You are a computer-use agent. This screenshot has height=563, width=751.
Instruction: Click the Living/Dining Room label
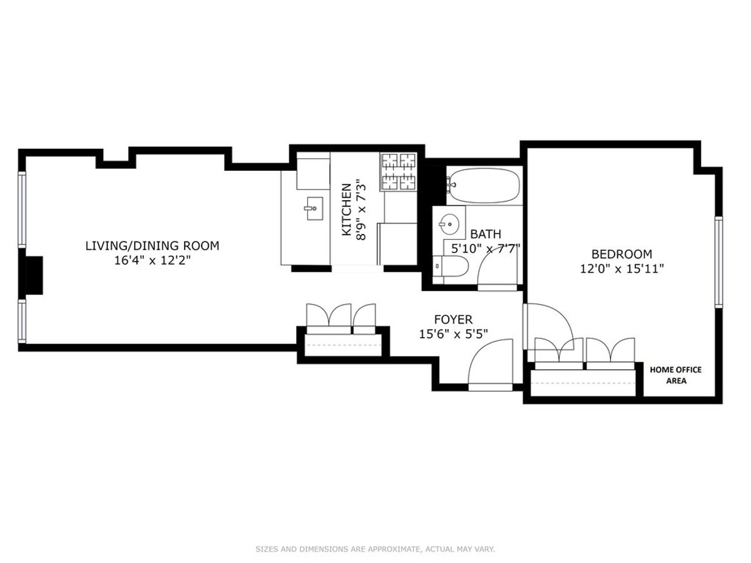(152, 246)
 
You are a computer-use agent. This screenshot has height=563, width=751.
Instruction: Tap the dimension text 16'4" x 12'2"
(152, 260)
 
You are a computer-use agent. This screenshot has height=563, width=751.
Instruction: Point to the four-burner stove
(398, 171)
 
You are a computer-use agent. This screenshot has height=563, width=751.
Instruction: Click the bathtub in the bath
(485, 185)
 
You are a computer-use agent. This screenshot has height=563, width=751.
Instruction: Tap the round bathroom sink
(448, 222)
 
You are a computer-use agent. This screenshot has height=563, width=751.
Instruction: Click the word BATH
(486, 234)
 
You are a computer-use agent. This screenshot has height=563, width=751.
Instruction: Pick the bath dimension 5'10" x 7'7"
(486, 248)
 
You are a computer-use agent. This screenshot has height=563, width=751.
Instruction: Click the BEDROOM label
(621, 254)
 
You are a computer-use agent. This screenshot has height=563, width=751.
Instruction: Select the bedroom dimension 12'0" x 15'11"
(621, 269)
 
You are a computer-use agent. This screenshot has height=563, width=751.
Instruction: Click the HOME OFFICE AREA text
(675, 375)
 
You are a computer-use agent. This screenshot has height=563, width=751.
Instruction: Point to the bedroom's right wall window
(718, 261)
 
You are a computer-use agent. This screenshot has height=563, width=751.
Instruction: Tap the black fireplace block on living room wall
(31, 275)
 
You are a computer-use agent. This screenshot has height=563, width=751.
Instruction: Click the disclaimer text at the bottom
(375, 549)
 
